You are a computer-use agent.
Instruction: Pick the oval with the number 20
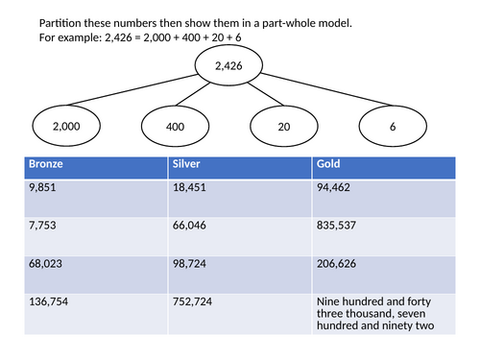click(x=283, y=126)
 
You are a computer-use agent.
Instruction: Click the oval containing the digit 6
click(x=391, y=126)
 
